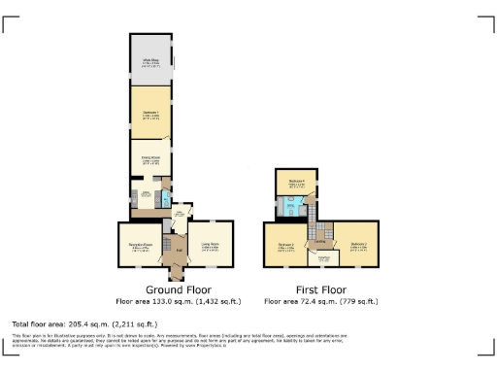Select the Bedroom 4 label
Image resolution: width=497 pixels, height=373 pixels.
pos(296,182)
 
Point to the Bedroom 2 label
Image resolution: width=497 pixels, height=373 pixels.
pos(285,245)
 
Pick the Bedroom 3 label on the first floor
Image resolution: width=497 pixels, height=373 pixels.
pos(357,244)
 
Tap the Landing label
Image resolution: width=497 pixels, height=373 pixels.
pos(318,242)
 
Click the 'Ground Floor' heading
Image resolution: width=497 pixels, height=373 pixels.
pos(179,289)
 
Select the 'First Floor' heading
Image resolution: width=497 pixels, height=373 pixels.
pos(319,289)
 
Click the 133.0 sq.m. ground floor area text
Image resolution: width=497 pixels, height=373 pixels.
pos(179,302)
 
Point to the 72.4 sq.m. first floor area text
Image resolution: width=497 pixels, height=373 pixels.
pos(319,302)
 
